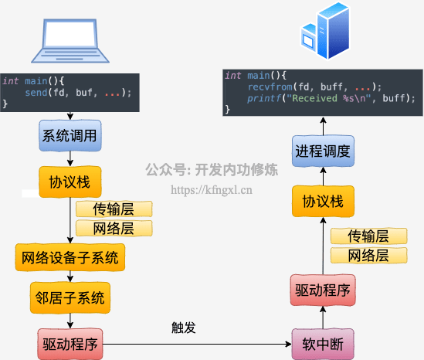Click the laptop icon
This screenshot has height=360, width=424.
pos(70,41)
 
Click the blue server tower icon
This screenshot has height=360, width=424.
pos(325,30)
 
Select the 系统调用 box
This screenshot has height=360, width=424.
pos(70,135)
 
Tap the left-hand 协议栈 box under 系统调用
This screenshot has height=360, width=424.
pos(70,182)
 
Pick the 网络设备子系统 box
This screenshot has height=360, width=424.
pos(70,257)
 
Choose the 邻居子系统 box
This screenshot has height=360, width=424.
pos(70,297)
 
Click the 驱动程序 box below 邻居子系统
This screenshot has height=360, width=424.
pos(70,344)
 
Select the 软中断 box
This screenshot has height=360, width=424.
pos(323,344)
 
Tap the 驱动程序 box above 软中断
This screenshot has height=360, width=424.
pos(323,290)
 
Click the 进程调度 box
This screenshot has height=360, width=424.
pos(323,151)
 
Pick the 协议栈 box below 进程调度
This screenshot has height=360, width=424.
pos(323,201)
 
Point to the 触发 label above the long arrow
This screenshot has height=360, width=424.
pos(184,328)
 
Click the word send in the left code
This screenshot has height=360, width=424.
pos(36,93)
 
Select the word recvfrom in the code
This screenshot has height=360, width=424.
pos(270,87)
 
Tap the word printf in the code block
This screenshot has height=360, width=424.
pos(264,98)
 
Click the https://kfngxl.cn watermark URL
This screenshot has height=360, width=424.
pos(212,190)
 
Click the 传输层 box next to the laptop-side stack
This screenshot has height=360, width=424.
pos(114,209)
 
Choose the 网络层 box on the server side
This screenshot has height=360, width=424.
pos(369,256)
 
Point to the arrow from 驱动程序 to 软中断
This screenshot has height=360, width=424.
pos(197,344)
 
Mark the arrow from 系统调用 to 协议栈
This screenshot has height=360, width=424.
pos(70,159)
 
